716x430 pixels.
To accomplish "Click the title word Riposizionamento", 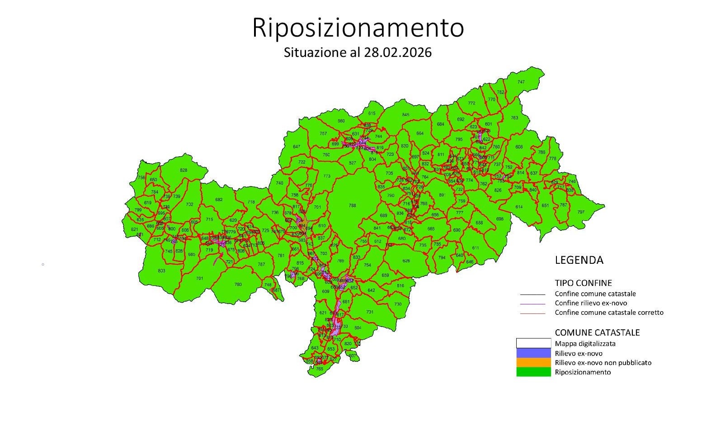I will click(358, 28).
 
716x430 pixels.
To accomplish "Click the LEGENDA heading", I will click(579, 260).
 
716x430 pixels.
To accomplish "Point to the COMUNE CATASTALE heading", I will click(597, 332).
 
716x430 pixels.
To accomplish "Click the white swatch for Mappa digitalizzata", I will click(533, 343).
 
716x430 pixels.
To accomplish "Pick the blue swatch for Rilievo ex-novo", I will click(533, 353).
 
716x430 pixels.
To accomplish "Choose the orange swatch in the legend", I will click(533, 362).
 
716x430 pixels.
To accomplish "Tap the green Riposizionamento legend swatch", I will click(533, 372).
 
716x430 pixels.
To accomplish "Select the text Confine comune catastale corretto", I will click(609, 313).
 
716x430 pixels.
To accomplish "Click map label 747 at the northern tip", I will click(521, 82).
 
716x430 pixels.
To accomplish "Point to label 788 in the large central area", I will click(353, 206).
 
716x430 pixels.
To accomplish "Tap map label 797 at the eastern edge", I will click(581, 212).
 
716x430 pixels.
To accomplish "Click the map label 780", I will click(238, 285).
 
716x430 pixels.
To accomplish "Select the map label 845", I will click(405, 115).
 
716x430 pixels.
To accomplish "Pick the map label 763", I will click(514, 118).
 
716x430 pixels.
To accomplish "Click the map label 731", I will click(370, 312).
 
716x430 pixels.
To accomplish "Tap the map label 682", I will click(219, 200).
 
